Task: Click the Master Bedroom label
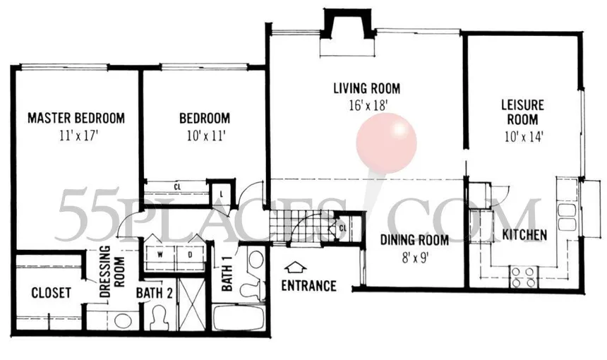pos(76,118)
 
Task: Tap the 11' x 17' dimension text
pos(78,136)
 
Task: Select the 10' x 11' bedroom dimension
pos(206,136)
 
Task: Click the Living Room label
pos(366,88)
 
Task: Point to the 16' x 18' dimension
pos(368,105)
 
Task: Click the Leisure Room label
pos(522,112)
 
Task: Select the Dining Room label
pos(414,240)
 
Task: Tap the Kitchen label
pos(524,234)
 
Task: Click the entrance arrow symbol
pos(295,267)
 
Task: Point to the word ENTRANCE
pos(308,286)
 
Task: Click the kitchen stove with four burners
pos(523,277)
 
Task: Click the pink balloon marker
pos(386,143)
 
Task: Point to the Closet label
pos(51,293)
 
